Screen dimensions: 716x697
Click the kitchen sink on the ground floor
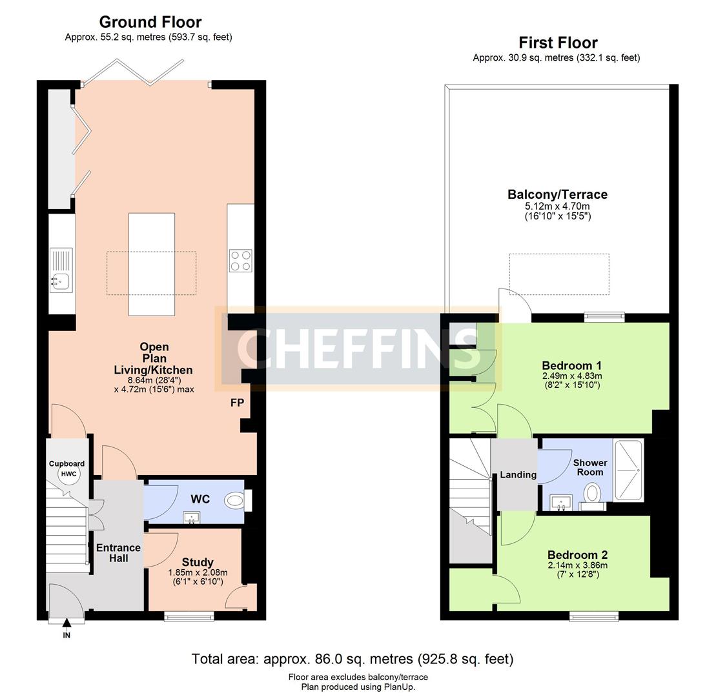pos(61,270)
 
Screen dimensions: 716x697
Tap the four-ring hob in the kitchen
pos(241,261)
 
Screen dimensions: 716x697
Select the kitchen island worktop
pos(152,265)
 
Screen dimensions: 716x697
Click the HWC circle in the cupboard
pos(69,474)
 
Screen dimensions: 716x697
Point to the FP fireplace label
pos(238,403)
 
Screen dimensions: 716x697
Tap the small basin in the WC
pos(192,518)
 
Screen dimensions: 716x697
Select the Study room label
pos(198,562)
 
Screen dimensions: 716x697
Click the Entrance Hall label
pos(118,553)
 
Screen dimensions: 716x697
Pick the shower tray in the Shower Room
pos(629,470)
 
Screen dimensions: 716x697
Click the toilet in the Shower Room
pos(593,496)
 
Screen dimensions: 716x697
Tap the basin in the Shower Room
pos(560,503)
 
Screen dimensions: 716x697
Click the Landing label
pos(518,475)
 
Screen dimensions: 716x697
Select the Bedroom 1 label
pos(572,366)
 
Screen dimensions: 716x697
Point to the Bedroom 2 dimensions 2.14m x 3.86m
pos(578,565)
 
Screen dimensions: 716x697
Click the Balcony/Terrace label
pos(558,194)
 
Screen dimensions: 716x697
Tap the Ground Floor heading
pos(150,22)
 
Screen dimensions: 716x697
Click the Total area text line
pos(353,659)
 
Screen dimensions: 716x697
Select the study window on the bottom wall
pos(190,616)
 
